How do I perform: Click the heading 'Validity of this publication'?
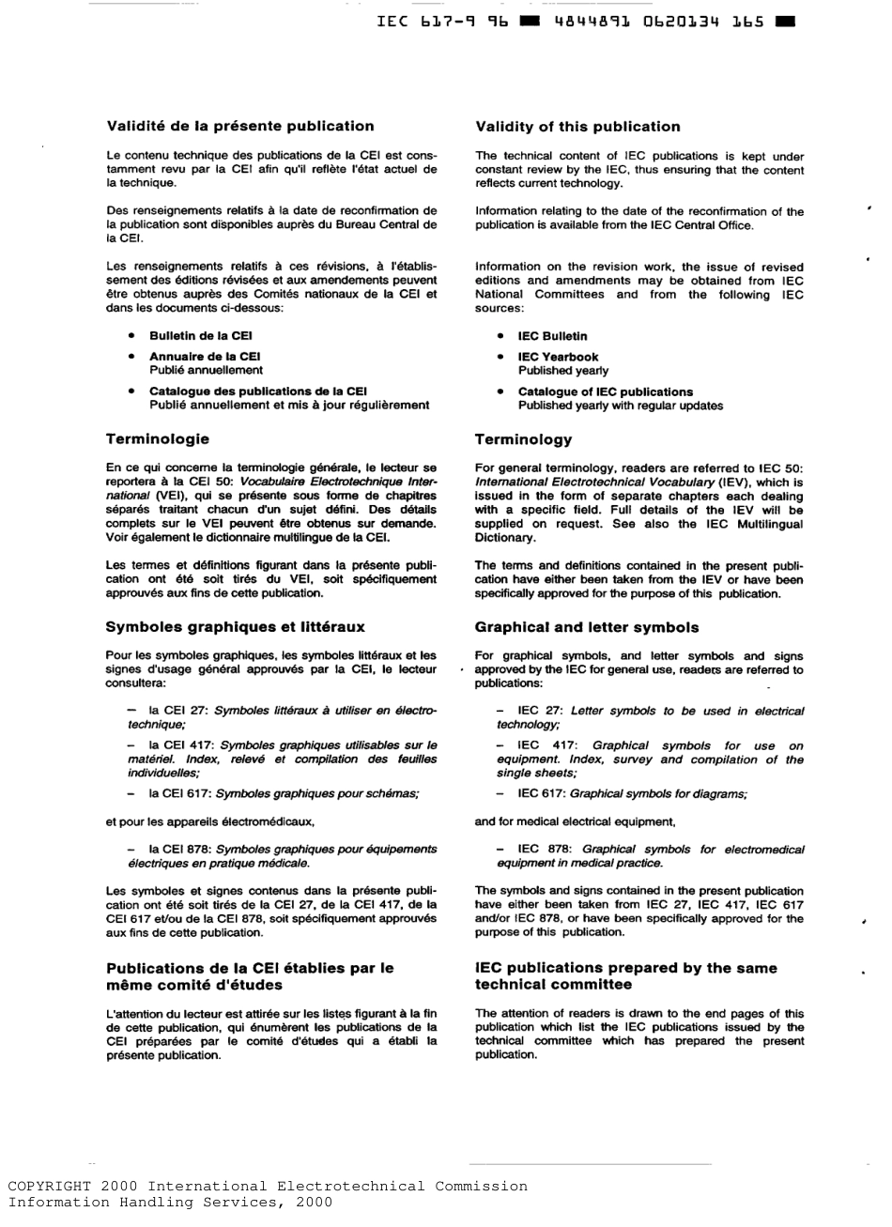[577, 127]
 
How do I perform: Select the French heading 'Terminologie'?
[158, 438]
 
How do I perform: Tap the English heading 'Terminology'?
[523, 439]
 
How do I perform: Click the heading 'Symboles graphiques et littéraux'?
[236, 626]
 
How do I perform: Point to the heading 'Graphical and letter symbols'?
[587, 626]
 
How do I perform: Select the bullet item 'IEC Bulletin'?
[552, 336]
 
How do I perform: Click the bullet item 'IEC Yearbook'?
[558, 357]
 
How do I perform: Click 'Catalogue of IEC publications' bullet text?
[605, 391]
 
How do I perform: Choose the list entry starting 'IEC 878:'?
[650, 855]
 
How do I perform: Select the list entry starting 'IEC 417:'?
[650, 759]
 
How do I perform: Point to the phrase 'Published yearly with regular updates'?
[620, 406]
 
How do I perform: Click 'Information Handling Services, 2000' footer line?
[170, 1202]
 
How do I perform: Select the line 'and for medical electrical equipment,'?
[575, 821]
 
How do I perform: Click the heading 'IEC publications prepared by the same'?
[626, 968]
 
